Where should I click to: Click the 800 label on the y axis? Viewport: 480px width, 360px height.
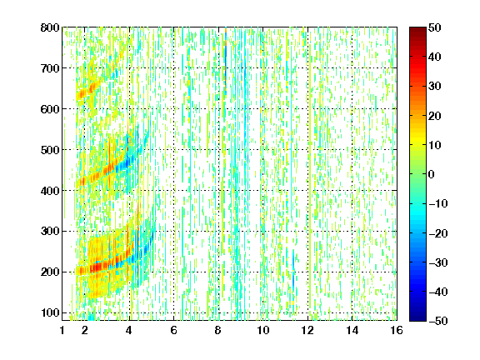[50, 27]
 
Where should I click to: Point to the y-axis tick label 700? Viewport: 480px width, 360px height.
[50, 68]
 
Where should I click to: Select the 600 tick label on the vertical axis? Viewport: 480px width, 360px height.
[50, 109]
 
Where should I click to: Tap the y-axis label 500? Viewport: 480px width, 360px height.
[50, 150]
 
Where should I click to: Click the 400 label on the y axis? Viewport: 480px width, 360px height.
[50, 191]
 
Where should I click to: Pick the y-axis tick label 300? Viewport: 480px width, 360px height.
[50, 231]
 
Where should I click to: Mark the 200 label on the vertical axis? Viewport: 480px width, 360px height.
[50, 272]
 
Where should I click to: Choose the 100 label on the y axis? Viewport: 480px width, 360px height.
[50, 312]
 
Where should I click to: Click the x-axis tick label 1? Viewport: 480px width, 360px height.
[62, 330]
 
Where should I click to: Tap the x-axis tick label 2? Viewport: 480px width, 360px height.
[85, 330]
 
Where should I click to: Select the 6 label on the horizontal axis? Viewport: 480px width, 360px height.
[174, 330]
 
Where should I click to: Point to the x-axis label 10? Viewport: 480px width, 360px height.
[263, 330]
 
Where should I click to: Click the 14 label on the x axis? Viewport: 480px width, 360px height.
[352, 330]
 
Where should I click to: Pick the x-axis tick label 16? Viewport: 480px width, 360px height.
[397, 330]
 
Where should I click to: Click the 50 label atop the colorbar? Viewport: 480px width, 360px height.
[435, 27]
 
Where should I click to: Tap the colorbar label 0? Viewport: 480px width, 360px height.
[432, 174]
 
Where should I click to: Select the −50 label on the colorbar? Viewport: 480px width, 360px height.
[438, 321]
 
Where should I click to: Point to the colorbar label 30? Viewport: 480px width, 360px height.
[435, 87]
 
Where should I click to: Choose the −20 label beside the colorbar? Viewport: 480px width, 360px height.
[438, 233]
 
